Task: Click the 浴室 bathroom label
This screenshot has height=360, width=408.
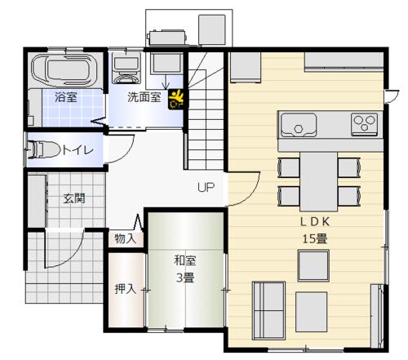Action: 66,97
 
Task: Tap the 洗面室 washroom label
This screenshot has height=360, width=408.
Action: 144,97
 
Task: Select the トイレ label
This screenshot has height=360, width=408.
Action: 78,150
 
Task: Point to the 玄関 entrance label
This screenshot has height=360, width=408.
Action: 74,198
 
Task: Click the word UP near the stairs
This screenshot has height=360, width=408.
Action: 206,187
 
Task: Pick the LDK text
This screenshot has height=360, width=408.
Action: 315,222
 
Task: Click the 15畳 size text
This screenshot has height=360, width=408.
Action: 315,239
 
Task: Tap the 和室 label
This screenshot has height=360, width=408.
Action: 185,260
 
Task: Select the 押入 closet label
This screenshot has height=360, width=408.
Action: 126,289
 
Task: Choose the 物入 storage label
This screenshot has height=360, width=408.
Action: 126,238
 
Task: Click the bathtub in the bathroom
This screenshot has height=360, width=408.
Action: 64,69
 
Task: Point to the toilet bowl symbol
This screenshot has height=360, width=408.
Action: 44,149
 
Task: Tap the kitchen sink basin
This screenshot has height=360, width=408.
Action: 299,125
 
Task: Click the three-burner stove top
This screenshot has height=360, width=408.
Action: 364,123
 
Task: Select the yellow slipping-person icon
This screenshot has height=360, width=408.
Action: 176,100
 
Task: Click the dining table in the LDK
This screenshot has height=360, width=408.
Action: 319,181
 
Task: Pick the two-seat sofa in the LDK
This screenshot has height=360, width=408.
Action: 268,310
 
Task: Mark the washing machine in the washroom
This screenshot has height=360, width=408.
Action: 126,68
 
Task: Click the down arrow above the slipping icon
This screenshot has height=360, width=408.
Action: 166,82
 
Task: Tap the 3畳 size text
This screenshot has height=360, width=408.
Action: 185,278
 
